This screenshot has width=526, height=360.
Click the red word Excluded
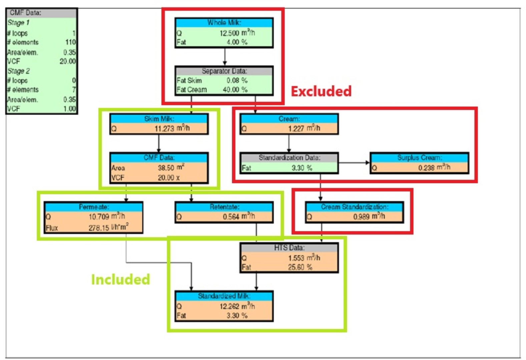coord(321,91)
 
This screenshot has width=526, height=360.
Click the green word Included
coord(120,279)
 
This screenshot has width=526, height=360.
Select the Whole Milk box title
coord(224,23)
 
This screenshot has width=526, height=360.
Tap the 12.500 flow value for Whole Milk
coord(229,33)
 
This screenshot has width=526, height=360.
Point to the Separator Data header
coord(224,71)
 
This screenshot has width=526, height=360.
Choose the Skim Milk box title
coord(159,119)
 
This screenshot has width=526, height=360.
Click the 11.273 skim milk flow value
coord(164,129)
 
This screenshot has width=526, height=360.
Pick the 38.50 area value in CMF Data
coord(166,168)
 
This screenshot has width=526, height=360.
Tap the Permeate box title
coord(94,207)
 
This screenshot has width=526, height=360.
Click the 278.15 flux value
coord(99,228)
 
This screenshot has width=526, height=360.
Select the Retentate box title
coord(224,207)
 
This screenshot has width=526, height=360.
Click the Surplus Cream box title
coord(419,157)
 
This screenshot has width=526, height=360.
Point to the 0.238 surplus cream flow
coord(426,168)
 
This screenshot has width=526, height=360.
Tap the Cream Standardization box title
coord(354,207)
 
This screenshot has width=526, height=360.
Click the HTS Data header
coord(289,248)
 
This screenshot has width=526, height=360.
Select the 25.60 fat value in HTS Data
coord(296,267)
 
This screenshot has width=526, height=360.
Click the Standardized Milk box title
coord(224,296)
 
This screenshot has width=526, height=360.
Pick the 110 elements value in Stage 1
coord(70,42)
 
